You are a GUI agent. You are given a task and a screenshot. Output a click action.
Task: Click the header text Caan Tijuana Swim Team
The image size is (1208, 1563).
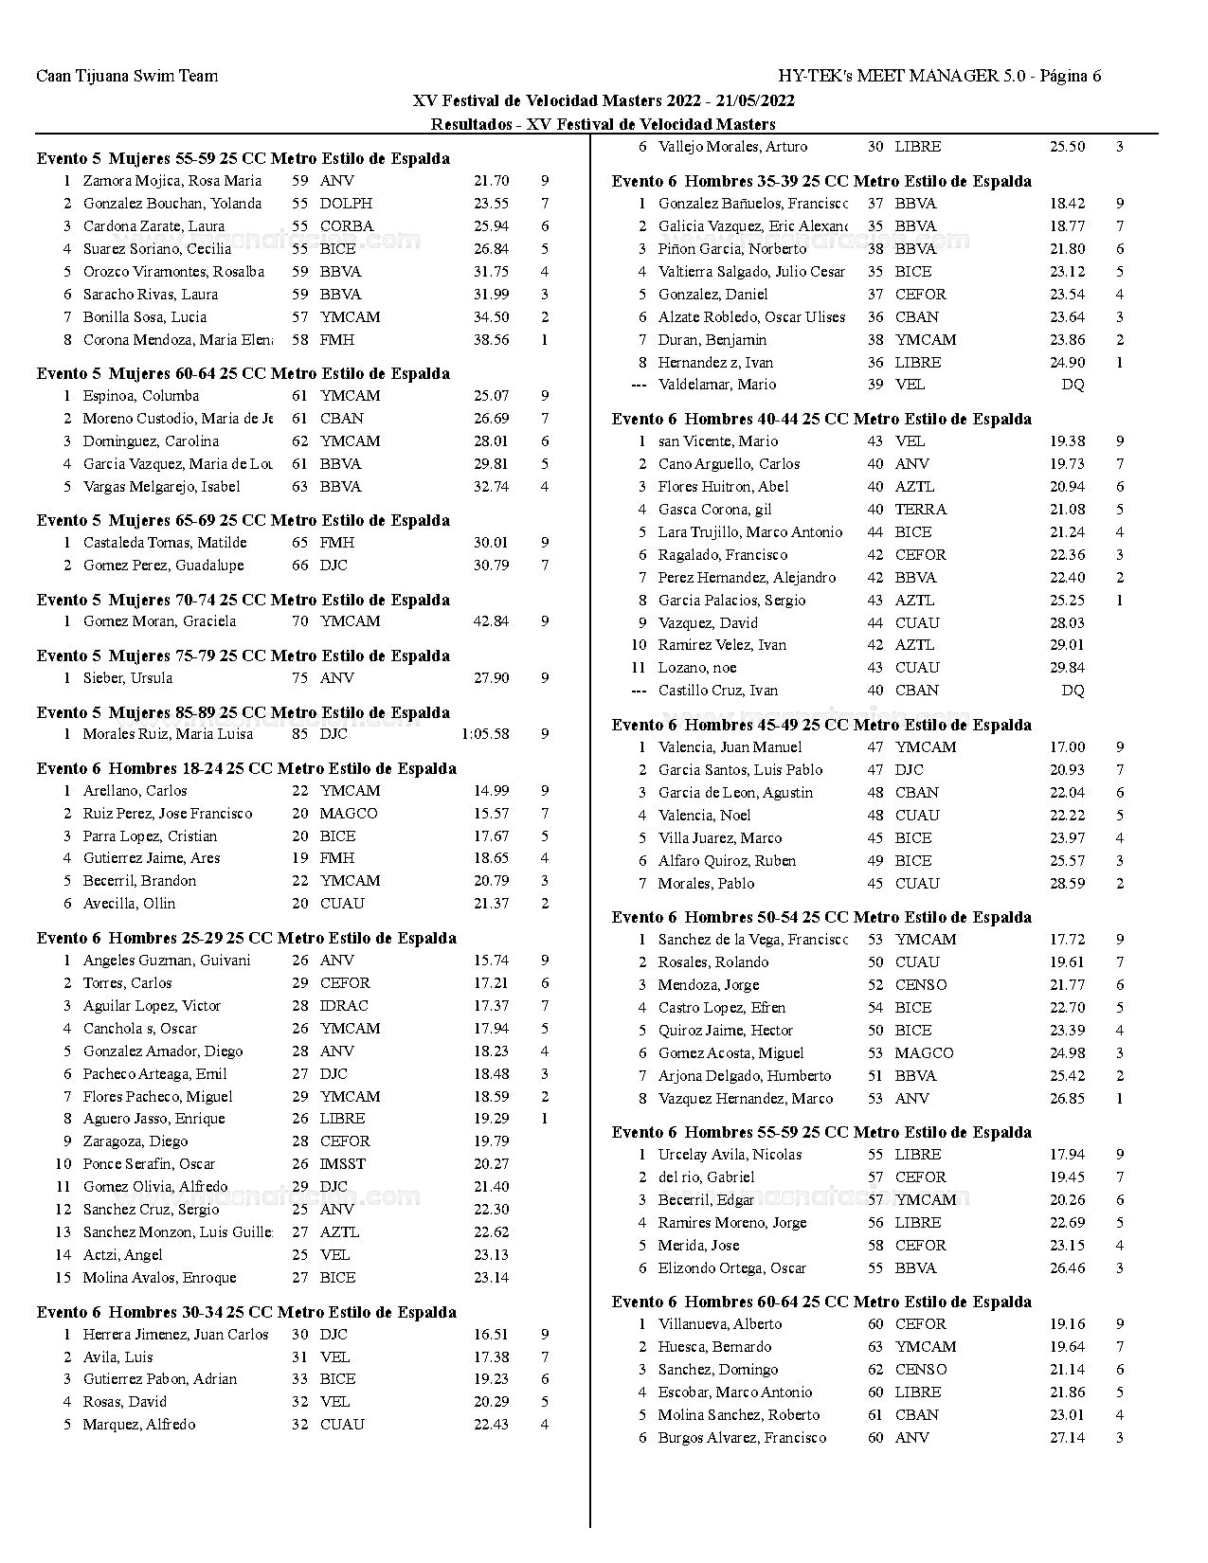click(127, 76)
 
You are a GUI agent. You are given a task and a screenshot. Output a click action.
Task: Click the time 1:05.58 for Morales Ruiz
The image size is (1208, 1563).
click(485, 734)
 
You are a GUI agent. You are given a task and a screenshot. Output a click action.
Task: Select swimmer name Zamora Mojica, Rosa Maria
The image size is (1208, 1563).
click(171, 181)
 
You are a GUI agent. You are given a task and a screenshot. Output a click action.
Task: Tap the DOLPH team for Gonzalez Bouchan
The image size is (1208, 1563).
click(346, 204)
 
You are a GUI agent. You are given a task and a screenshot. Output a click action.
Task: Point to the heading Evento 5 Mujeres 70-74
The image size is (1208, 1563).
click(243, 600)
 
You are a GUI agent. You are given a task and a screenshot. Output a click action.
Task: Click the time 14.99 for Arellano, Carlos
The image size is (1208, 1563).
click(491, 791)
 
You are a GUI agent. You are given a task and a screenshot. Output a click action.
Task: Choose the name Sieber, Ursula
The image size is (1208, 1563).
click(128, 678)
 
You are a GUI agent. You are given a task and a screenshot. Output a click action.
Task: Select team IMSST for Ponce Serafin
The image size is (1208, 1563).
click(342, 1164)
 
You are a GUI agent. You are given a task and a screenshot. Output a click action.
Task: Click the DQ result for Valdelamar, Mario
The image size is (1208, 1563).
click(1073, 385)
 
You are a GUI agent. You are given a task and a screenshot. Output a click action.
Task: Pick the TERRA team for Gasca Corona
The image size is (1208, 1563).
click(921, 510)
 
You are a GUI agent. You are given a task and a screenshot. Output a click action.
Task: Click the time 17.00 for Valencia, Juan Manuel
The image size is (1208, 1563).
click(1067, 747)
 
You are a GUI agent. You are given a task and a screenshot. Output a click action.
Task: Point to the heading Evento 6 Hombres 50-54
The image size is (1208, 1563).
click(821, 917)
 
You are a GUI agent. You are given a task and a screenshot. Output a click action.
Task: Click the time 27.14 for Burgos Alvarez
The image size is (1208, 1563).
click(1067, 1438)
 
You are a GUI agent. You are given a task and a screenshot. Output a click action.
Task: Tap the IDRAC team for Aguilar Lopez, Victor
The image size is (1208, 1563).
click(344, 1006)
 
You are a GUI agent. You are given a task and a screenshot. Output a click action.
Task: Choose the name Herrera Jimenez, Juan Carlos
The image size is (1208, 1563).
click(176, 1335)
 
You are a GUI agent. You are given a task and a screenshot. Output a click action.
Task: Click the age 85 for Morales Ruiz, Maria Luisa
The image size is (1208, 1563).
click(300, 734)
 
